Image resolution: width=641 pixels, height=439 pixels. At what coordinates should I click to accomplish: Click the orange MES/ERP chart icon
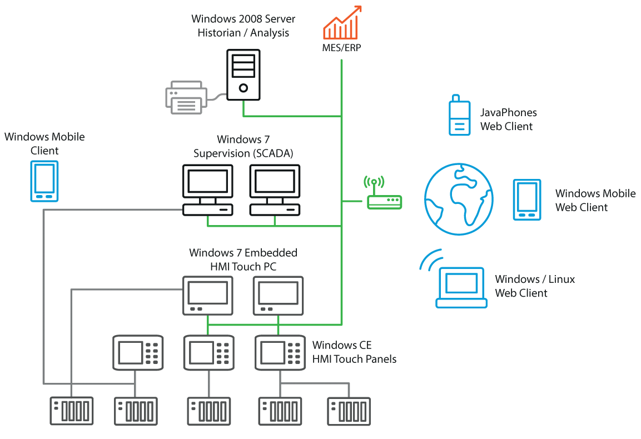coord(342,23)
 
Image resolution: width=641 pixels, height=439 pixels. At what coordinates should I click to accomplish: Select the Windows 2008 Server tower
coord(244,74)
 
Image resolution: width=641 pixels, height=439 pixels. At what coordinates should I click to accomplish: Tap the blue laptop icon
coord(461,288)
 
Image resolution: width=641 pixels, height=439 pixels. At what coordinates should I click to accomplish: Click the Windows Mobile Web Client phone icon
coord(526,199)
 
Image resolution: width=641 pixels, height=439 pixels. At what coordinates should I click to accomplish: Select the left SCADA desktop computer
coord(208,189)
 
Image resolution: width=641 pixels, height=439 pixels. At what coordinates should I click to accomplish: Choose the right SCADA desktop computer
coord(275,189)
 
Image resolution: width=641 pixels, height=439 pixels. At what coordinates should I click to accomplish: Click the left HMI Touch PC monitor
coord(208,295)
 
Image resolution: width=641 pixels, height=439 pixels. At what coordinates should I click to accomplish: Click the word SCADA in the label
coord(274,153)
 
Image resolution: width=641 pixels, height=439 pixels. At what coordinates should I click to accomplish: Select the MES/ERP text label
coord(341,48)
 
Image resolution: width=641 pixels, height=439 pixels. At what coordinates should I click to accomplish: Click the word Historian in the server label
coord(220,33)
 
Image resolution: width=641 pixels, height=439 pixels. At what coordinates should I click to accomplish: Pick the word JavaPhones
coord(508,113)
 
